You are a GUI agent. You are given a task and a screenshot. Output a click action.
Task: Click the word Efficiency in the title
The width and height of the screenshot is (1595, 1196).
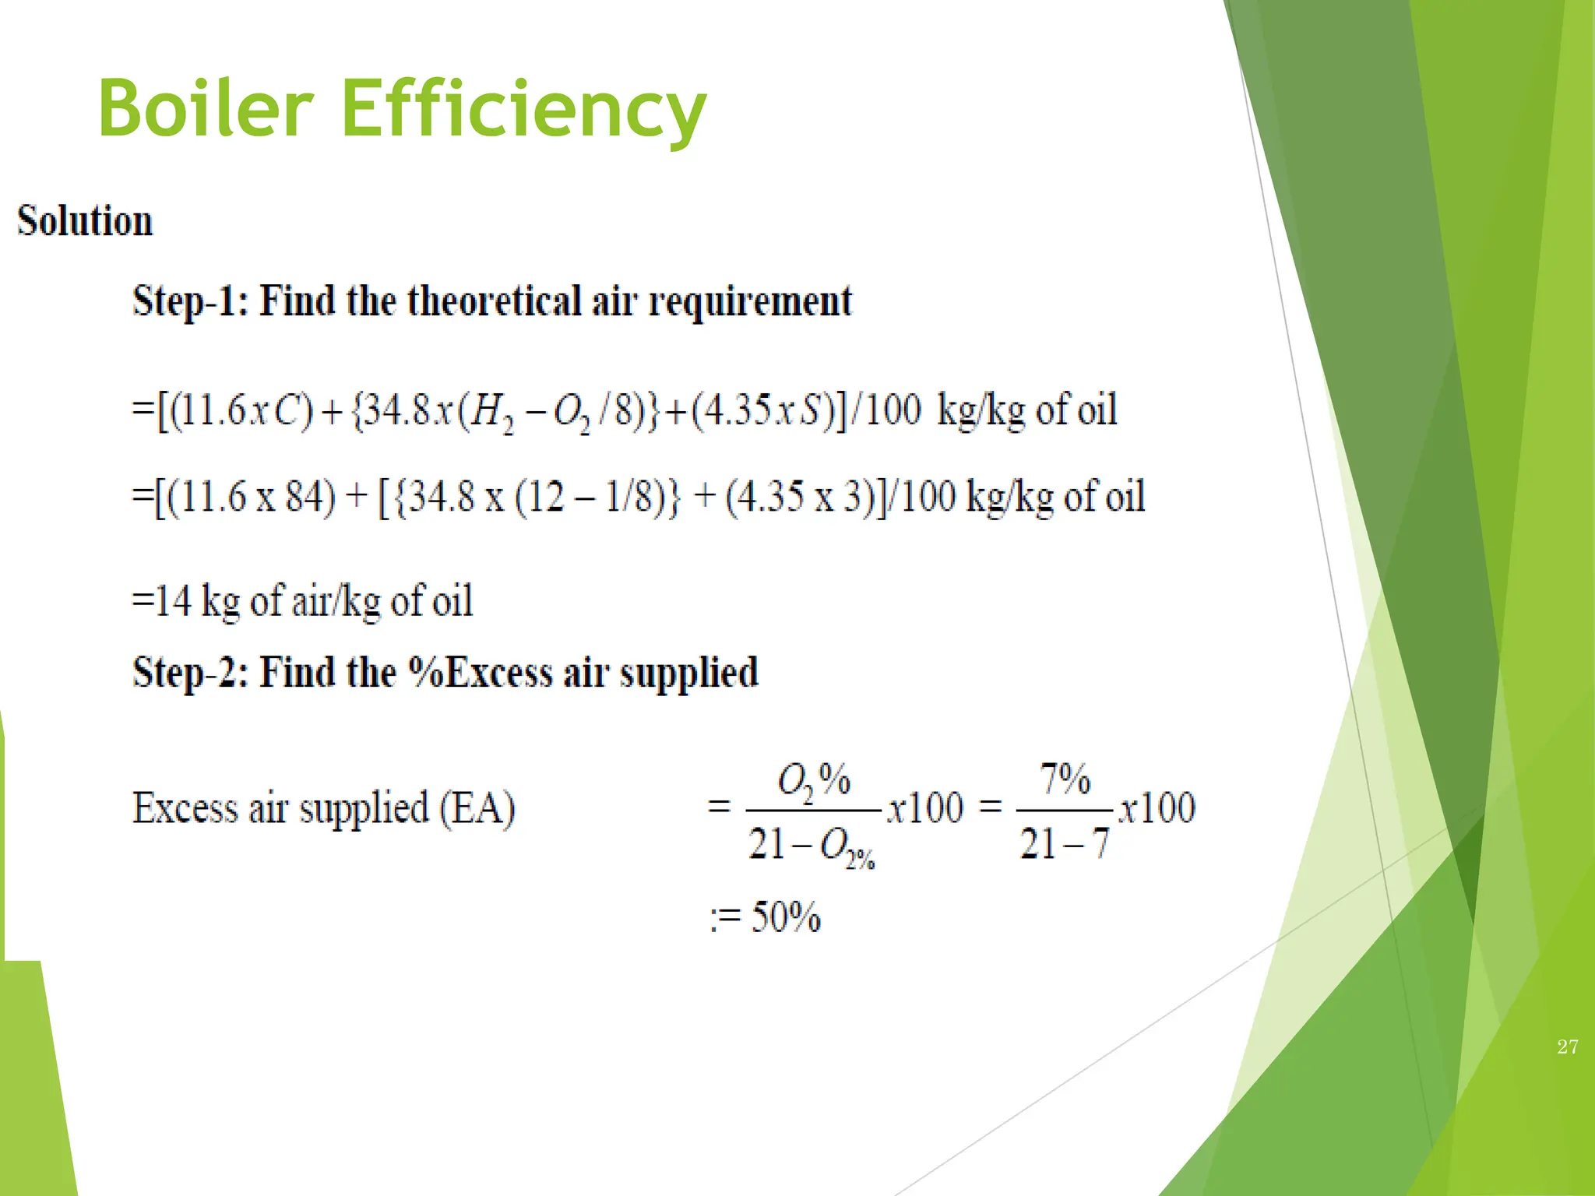click(523, 109)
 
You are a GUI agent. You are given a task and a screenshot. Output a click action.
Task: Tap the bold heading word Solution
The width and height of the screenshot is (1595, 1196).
click(85, 221)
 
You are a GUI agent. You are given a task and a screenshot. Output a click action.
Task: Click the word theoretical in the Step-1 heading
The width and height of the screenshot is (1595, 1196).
click(494, 301)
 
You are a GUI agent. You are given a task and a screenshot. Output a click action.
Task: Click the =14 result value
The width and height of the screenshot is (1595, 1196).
click(162, 601)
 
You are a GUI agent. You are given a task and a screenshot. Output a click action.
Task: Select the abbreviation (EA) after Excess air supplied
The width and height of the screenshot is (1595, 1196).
click(477, 807)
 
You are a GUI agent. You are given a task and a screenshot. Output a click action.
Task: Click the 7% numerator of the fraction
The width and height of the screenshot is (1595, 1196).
click(1065, 778)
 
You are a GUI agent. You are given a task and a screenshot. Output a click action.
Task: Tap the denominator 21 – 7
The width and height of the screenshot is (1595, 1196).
click(1064, 843)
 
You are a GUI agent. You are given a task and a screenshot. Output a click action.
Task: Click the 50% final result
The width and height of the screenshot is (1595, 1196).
click(785, 917)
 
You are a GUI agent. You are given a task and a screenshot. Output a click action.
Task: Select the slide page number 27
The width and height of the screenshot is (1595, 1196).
click(1568, 1046)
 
